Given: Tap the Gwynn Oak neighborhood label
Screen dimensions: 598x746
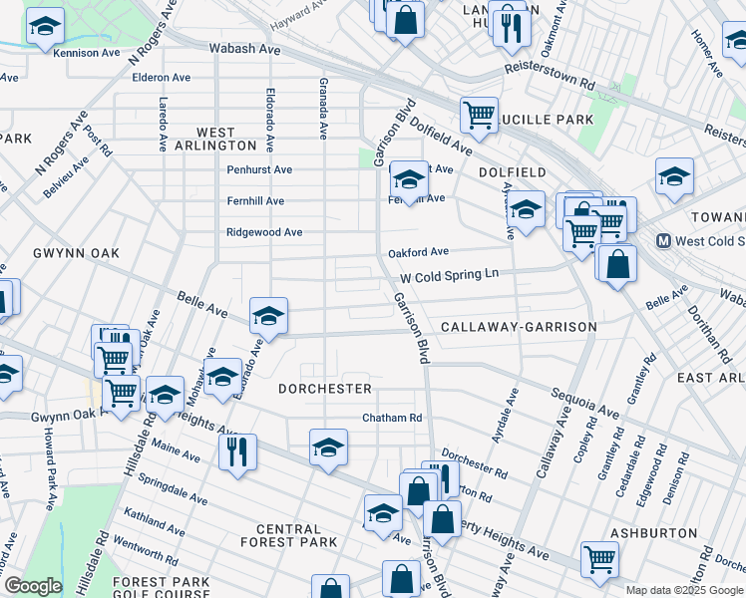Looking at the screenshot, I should pos(75,253).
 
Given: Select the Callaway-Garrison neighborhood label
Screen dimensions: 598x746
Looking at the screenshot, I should pos(519,327).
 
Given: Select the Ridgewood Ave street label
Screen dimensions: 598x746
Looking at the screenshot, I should pos(264,232).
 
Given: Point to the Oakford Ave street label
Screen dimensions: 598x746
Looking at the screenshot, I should pos(419,252).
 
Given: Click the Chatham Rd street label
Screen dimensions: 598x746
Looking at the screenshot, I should pos(393,418).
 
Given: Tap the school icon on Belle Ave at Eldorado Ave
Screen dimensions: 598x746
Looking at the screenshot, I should pos(268,315).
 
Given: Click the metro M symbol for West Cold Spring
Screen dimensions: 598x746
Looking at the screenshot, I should pos(663,241).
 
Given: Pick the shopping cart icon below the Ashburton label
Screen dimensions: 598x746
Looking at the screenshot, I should pos(599,559).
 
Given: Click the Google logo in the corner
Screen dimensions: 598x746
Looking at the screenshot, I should pos(32,586).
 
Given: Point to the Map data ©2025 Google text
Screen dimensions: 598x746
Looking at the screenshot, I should pos(684,590).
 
